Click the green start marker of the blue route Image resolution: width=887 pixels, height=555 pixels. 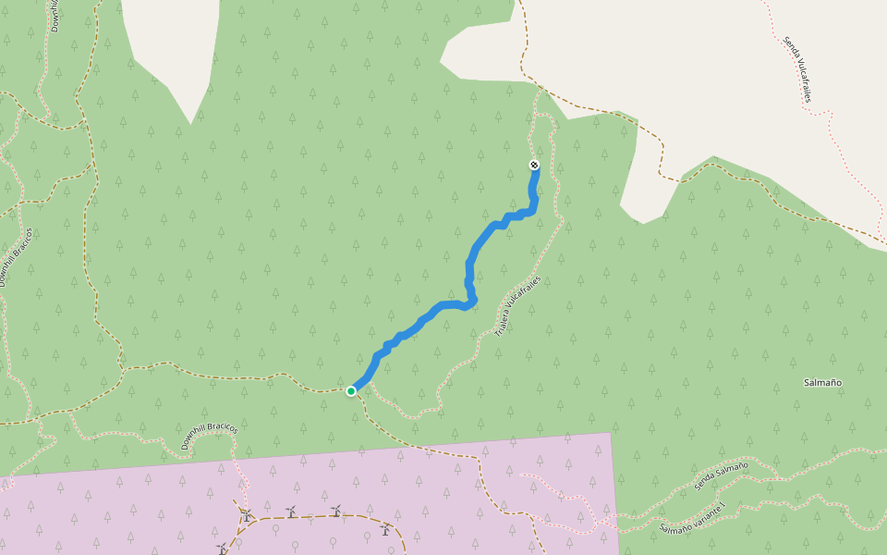tap(351, 391)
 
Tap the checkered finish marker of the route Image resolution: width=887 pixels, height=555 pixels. tap(534, 165)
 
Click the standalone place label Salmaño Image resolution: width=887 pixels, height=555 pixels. tap(822, 382)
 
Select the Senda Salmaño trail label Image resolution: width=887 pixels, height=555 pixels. tap(721, 475)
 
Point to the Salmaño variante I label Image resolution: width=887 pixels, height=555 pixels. tap(694, 518)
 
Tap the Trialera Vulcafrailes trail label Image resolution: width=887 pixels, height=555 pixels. tap(516, 305)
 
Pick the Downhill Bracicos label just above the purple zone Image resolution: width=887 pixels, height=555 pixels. tap(209, 437)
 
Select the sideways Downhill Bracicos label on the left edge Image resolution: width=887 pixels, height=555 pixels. tap(16, 256)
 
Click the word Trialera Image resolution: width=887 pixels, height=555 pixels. tap(502, 323)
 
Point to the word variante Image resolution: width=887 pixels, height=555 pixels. tap(704, 514)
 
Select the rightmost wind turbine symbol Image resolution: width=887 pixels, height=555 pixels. tap(384, 530)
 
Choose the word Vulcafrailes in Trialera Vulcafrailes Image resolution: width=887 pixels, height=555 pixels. tap(522, 294)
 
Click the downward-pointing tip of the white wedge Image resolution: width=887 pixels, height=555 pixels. tap(190, 124)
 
